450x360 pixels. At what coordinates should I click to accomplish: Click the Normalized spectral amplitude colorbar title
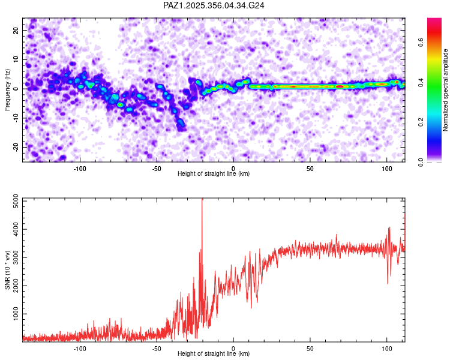446,90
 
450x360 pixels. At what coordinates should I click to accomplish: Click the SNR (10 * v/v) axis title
7,270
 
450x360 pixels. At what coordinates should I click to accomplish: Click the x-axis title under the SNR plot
214,354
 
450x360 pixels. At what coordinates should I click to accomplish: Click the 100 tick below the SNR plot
386,347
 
